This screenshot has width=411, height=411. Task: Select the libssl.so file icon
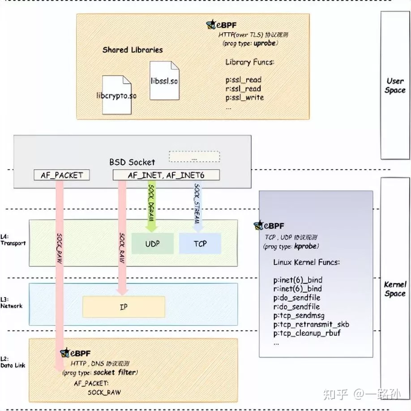click(x=164, y=81)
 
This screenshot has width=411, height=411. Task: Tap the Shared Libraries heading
click(x=133, y=50)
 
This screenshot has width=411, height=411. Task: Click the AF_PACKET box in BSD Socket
click(x=62, y=175)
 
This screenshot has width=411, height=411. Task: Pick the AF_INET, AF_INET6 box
click(x=166, y=175)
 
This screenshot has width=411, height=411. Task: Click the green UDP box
click(x=152, y=244)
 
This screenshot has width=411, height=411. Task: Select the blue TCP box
click(x=200, y=244)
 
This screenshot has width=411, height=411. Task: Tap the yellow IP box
click(x=124, y=307)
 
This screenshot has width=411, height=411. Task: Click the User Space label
click(x=395, y=86)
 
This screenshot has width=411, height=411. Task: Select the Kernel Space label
click(x=395, y=289)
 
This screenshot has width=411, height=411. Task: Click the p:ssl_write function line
click(x=244, y=98)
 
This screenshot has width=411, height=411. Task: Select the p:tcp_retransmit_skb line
click(x=311, y=325)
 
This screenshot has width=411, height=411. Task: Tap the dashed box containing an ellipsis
click(x=194, y=157)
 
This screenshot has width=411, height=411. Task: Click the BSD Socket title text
click(x=132, y=162)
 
